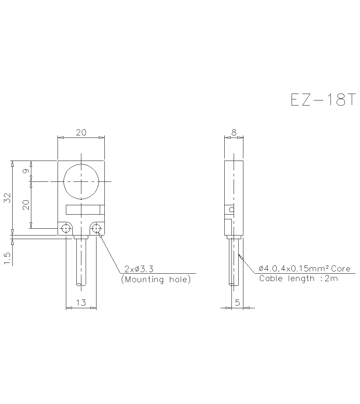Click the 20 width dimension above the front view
[81, 133]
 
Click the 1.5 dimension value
[8, 258]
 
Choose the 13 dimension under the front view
[81, 303]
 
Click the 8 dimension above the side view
[234, 133]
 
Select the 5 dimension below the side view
[237, 303]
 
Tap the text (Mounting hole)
[156, 279]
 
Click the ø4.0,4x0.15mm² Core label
[305, 269]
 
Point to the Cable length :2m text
[298, 278]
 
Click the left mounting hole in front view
[66, 228]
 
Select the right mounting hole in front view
[96, 228]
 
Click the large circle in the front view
[81, 182]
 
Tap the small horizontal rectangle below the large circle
[85, 209]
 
